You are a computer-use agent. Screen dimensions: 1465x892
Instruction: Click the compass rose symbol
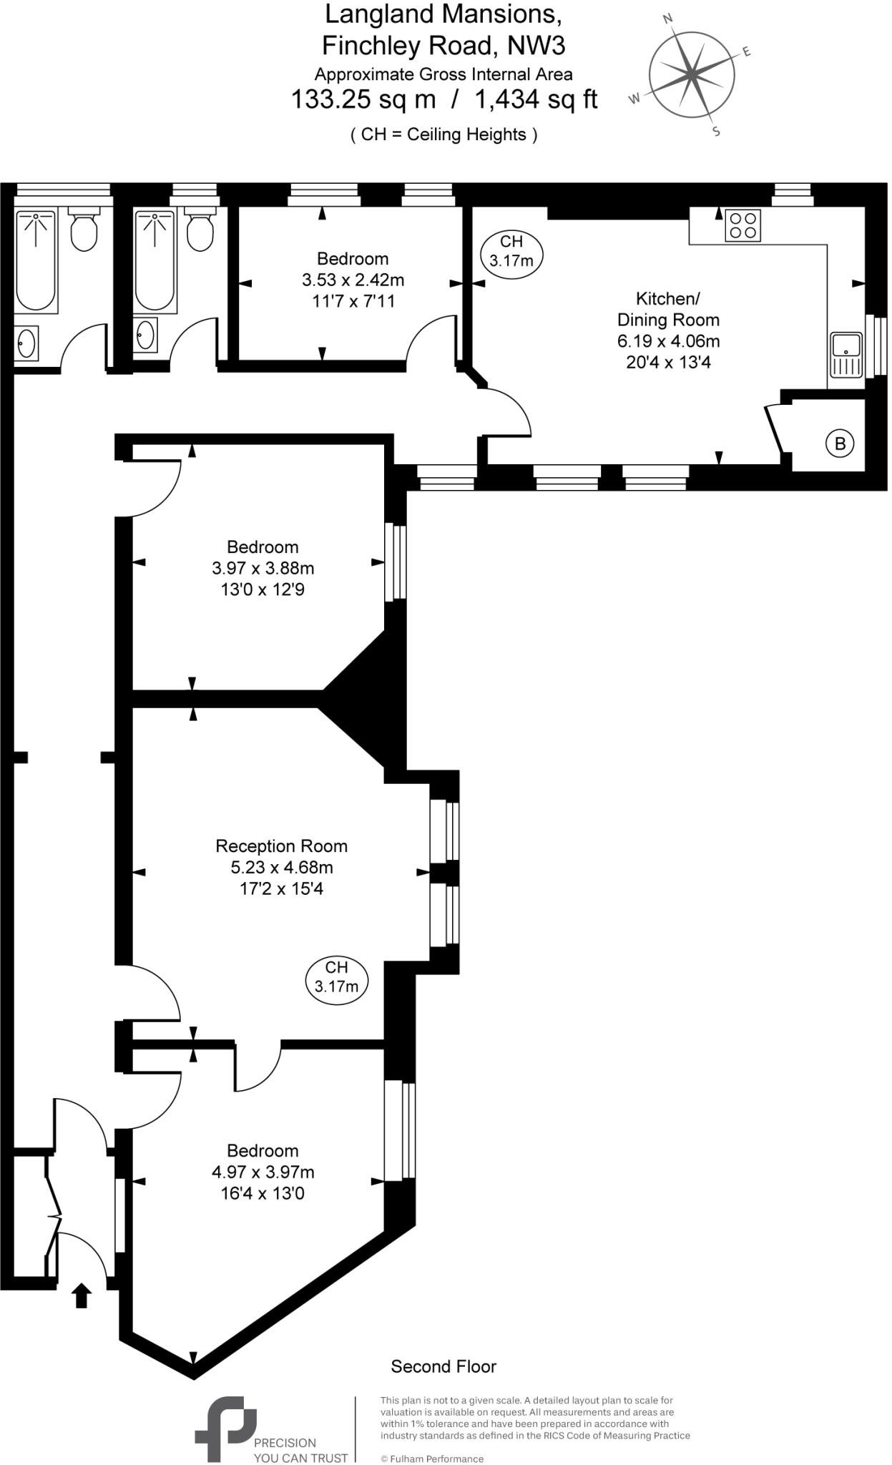click(691, 74)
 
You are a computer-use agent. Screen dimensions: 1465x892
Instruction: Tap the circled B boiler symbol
click(840, 444)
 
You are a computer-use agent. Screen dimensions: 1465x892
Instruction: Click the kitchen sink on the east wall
click(847, 354)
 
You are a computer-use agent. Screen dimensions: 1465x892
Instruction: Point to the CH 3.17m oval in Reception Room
click(336, 977)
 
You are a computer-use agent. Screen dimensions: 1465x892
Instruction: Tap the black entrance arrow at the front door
click(82, 1295)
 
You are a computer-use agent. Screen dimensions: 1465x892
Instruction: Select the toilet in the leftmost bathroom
click(84, 228)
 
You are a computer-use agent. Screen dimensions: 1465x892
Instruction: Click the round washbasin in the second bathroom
click(146, 335)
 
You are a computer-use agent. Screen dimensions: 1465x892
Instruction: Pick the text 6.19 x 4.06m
click(668, 341)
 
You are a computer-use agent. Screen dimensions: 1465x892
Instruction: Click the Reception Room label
click(281, 846)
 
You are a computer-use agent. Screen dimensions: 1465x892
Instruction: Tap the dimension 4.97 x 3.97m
click(263, 1172)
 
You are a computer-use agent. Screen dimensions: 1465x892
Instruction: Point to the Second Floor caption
click(443, 1366)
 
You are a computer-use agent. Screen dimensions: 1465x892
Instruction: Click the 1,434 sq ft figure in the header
click(536, 99)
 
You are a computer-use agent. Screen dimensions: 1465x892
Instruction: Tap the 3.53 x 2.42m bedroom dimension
click(353, 280)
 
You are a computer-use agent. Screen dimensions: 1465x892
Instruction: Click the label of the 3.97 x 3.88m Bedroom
click(263, 547)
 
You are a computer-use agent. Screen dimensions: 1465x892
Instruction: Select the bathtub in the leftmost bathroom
click(36, 261)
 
